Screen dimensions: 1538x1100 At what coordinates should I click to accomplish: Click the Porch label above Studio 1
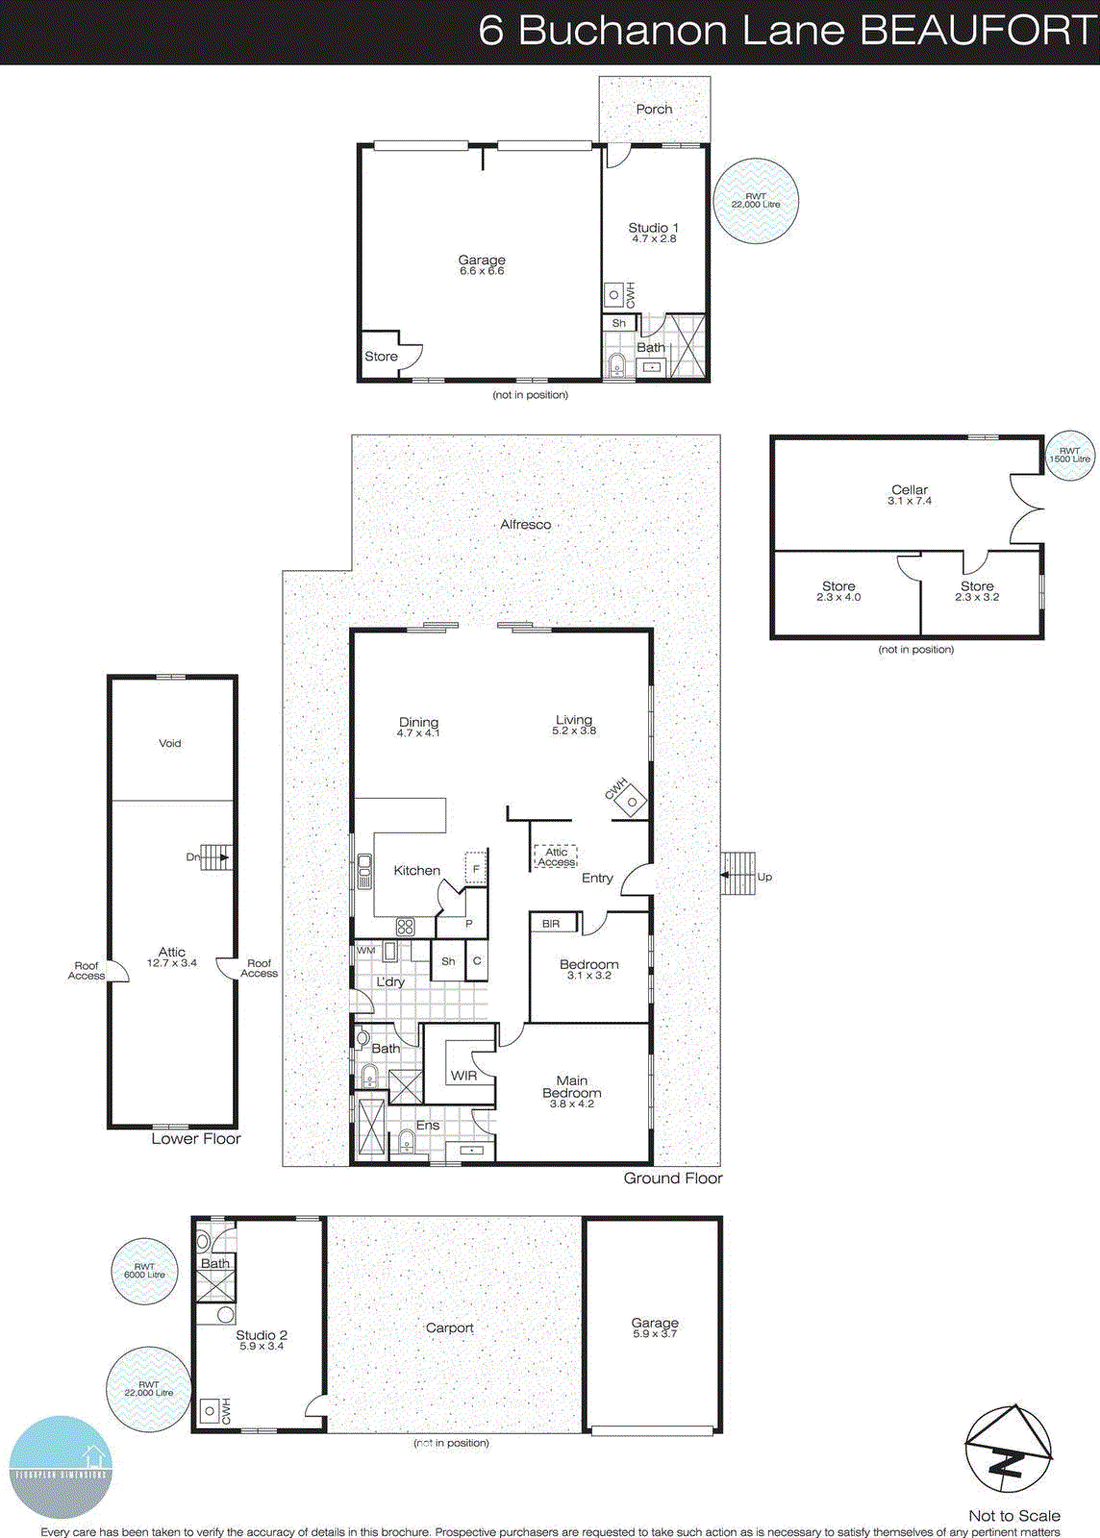(x=654, y=110)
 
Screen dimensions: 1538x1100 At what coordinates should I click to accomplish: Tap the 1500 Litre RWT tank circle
(x=1069, y=456)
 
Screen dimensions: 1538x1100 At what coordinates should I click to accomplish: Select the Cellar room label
(x=910, y=489)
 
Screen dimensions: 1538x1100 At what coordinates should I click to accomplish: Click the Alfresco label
(x=526, y=525)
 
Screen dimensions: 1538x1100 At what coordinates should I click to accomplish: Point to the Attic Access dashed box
(x=556, y=856)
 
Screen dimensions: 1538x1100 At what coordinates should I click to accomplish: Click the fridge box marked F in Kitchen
(x=476, y=868)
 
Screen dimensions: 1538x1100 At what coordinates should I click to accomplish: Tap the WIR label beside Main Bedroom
(x=463, y=1076)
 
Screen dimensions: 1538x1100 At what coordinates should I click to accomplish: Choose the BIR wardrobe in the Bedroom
(x=552, y=924)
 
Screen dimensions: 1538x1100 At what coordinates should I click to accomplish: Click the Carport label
(x=450, y=1328)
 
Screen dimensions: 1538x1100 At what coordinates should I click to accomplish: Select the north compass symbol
(x=1008, y=1451)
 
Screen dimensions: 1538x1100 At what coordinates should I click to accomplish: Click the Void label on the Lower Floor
(x=170, y=743)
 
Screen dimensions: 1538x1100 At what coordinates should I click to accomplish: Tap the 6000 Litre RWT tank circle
(x=144, y=1271)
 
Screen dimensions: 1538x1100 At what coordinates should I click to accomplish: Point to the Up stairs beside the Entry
(x=738, y=874)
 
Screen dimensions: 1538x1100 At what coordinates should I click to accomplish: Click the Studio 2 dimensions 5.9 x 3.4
(x=262, y=1347)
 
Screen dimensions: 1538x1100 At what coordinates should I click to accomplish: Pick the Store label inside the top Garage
(x=381, y=357)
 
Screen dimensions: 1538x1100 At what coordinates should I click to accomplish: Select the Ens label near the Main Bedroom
(x=428, y=1126)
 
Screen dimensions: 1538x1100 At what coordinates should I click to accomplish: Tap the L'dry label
(x=390, y=981)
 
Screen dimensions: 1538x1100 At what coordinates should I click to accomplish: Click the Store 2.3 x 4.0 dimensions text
(x=838, y=598)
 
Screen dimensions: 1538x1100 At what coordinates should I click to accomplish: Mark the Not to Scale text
(x=1014, y=1516)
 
